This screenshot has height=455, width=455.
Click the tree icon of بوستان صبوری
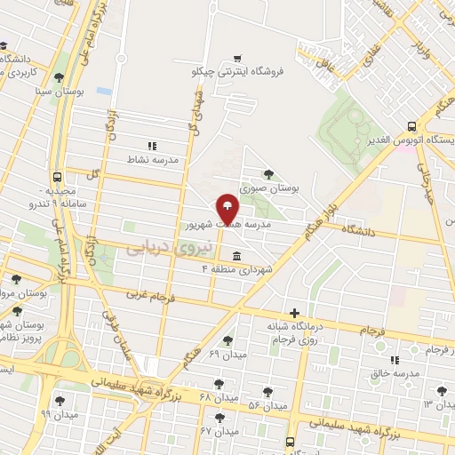(x=268, y=174)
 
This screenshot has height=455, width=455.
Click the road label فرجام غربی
(x=148, y=295)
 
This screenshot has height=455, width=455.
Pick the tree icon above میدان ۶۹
(x=227, y=339)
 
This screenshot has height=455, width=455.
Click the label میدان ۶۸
(x=219, y=396)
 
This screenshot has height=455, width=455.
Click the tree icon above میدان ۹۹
(x=60, y=400)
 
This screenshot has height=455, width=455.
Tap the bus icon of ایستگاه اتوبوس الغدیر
(x=411, y=127)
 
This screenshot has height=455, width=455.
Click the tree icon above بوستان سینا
(x=59, y=77)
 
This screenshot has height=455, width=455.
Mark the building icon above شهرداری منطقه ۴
(x=235, y=255)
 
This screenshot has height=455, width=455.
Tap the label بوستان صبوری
(x=268, y=188)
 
